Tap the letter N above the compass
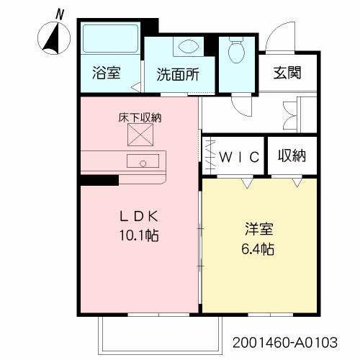click(60, 14)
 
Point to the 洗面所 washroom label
click(178, 73)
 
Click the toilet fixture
click(236, 50)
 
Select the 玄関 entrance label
click(287, 73)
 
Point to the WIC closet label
click(236, 156)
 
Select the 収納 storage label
click(292, 156)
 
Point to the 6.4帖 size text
click(257, 250)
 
